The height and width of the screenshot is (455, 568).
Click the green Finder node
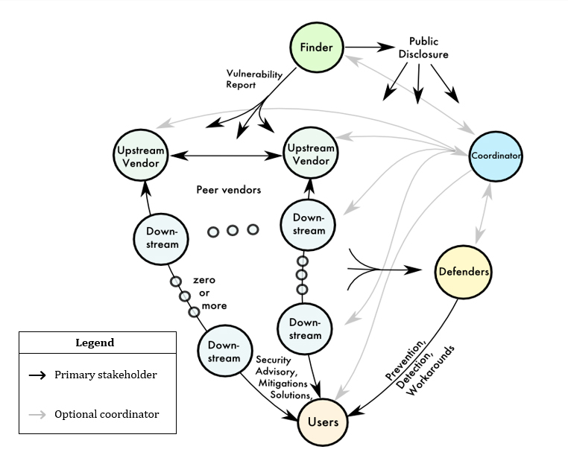pos(316,48)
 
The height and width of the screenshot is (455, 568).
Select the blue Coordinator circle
pos(495,156)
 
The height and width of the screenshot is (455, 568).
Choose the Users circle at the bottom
pos(323,422)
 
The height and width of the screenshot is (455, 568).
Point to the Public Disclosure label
pos(423,48)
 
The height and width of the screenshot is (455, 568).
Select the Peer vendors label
pos(229,190)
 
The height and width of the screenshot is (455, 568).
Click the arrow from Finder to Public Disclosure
pos(369,48)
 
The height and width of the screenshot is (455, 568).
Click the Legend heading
pos(95,343)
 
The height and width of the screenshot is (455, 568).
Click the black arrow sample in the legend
pos(37,375)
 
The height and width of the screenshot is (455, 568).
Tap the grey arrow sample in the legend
pos(37,415)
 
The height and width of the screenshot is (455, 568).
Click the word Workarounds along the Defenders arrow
pos(432,370)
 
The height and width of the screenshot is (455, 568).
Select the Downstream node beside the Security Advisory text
pos(224,351)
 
